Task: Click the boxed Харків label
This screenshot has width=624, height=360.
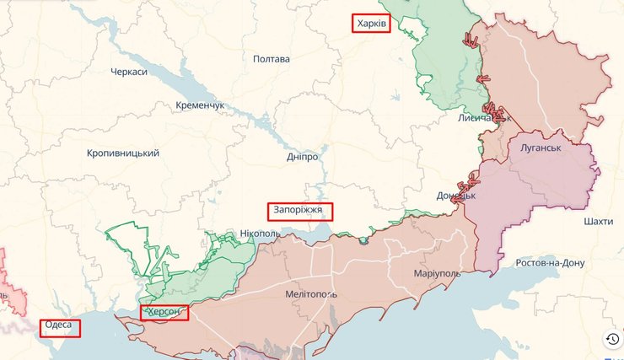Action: (370, 24)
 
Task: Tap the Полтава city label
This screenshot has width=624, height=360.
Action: (272, 59)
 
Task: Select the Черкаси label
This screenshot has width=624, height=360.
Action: (129, 73)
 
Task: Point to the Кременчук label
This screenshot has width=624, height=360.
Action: (201, 105)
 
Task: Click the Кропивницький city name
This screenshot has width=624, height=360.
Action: (123, 153)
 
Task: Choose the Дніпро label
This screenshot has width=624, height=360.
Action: (302, 158)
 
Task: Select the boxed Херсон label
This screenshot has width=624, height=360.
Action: (164, 313)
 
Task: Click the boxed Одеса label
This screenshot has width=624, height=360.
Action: (60, 326)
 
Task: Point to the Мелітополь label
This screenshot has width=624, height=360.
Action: (311, 294)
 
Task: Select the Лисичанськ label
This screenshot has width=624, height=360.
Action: (485, 119)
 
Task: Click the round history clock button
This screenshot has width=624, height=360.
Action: (612, 339)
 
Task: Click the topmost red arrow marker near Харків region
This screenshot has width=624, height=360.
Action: (471, 39)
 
